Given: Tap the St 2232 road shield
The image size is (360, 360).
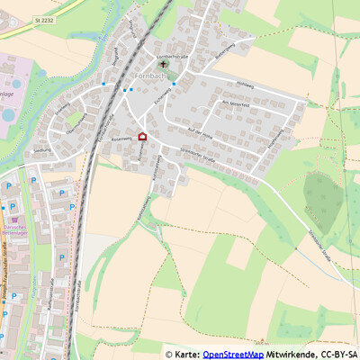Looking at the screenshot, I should [45, 18].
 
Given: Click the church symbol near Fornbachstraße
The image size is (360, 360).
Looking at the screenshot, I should [163, 65].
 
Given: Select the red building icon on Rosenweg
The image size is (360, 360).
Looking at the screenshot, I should [141, 137].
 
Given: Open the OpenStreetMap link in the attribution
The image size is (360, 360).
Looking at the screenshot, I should [232, 354].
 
